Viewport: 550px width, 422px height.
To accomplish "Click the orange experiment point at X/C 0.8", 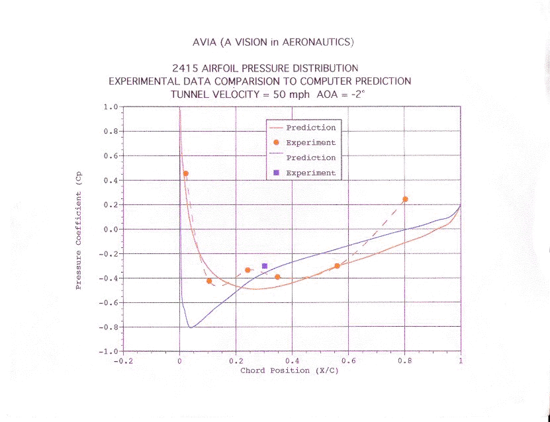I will (405, 199).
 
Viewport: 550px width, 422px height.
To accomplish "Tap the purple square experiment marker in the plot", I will (265, 266).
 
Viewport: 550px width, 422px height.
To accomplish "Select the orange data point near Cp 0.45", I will (185, 173).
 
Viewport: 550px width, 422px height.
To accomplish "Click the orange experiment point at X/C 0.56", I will (337, 266).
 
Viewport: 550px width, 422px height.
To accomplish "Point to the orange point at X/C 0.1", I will (209, 281).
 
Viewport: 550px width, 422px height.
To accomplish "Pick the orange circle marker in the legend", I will (276, 142).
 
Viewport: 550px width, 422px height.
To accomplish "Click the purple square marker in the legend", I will (276, 173).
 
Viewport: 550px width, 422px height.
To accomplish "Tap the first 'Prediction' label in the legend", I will (310, 128).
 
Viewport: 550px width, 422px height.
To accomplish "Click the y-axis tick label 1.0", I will (111, 106).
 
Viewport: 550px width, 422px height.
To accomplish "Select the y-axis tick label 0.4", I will (111, 181).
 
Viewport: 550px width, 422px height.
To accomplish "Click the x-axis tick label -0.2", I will (123, 362).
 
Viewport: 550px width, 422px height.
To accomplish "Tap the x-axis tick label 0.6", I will (348, 362).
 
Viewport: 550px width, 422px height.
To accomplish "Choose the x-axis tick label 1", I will (461, 362).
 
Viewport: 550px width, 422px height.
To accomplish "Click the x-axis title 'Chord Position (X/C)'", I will (289, 370).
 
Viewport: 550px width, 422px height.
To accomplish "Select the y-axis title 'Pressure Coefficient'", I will (79, 239).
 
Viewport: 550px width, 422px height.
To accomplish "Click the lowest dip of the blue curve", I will (191, 327).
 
